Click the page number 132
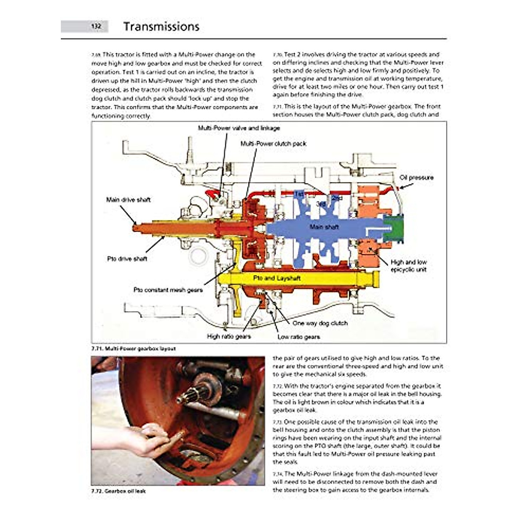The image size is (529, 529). (x=96, y=26)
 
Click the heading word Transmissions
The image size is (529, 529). (x=161, y=26)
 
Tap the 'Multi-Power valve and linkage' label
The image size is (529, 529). (x=238, y=128)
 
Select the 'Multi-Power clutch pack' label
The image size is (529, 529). (x=273, y=144)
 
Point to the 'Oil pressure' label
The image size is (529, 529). (x=417, y=178)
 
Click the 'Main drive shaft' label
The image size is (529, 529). (x=128, y=200)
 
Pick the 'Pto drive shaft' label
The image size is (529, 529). (x=127, y=259)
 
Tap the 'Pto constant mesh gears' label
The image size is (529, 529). (x=168, y=290)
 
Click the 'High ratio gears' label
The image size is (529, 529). (x=229, y=336)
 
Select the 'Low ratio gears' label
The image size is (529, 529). (x=299, y=337)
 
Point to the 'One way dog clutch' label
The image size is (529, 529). (x=320, y=323)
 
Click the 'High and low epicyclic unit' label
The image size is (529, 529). (x=409, y=266)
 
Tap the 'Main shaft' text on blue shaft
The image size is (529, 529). (x=324, y=227)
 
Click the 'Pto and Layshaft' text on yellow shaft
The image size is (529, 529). (x=277, y=278)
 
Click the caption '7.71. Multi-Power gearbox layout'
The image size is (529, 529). (x=134, y=349)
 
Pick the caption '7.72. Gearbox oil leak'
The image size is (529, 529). (x=119, y=491)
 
